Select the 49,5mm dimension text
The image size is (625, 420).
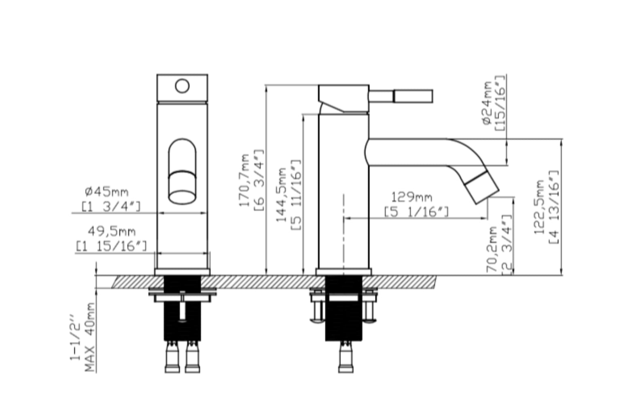coord(112,231)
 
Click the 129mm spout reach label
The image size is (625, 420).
coord(411,197)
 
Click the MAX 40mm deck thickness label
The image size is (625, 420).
coord(90,337)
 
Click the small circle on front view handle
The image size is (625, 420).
coord(182,86)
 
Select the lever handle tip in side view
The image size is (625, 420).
coord(413,96)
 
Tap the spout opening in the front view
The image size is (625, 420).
coord(182,197)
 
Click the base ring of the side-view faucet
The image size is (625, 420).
coord(343,272)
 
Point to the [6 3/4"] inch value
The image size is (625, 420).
coord(259,180)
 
